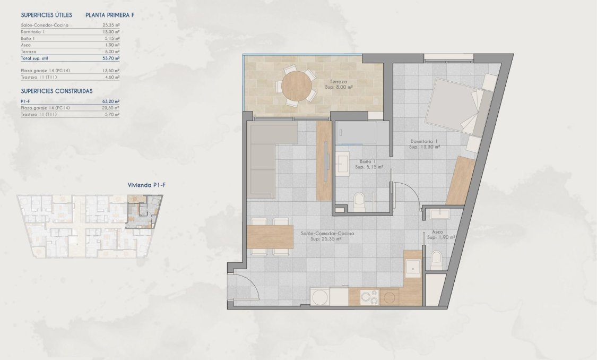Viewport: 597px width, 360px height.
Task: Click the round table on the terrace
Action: click(x=298, y=85)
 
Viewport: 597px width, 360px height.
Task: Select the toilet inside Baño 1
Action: click(x=359, y=200)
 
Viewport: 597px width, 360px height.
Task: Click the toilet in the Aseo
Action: click(x=436, y=260)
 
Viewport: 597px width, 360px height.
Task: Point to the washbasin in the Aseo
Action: click(x=440, y=213)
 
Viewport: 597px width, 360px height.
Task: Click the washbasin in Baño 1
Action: click(x=341, y=164)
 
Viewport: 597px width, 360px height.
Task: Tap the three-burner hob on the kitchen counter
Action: click(x=369, y=297)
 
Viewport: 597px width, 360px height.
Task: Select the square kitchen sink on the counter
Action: click(x=412, y=269)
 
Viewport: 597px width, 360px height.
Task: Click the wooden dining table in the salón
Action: click(x=270, y=237)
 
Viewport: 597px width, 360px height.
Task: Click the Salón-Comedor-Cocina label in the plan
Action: click(x=327, y=234)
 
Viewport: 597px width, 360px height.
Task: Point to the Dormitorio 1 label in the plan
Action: click(x=425, y=142)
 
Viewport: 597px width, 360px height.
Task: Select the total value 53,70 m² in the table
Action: click(x=111, y=59)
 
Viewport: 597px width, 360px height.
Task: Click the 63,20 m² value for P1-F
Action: click(x=110, y=101)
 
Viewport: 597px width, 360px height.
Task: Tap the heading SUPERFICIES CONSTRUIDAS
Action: click(x=57, y=91)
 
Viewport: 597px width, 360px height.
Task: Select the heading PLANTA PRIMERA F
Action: click(x=110, y=15)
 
